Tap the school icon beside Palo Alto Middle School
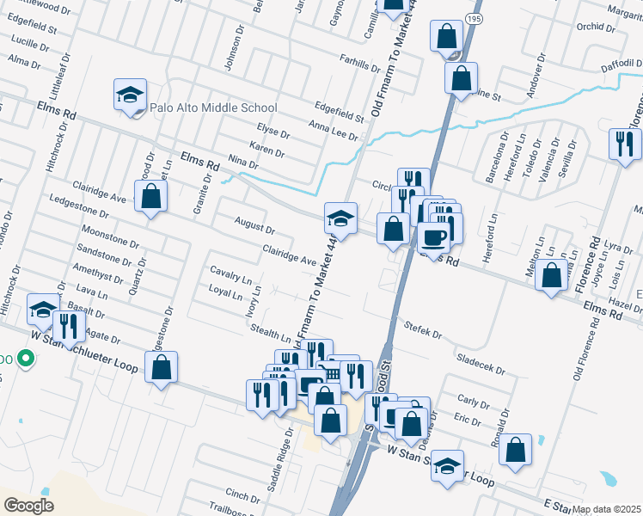[x=130, y=95]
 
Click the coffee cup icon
[x=435, y=238]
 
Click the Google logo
[x=29, y=505]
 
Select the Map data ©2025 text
[x=607, y=509]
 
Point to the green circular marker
[x=26, y=359]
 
